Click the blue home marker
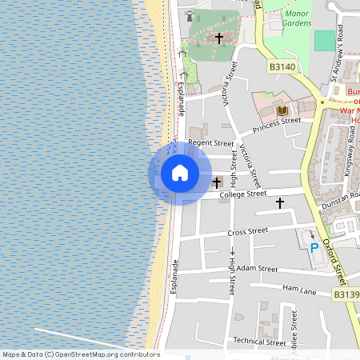[x=180, y=173]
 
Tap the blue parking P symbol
[x=314, y=248]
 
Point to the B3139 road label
[x=346, y=294]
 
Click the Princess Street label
[x=276, y=125]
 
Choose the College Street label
[x=243, y=194]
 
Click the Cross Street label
[x=247, y=231]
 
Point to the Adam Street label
[x=257, y=269]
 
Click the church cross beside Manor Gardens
[x=218, y=38]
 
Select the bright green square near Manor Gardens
[x=325, y=41]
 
